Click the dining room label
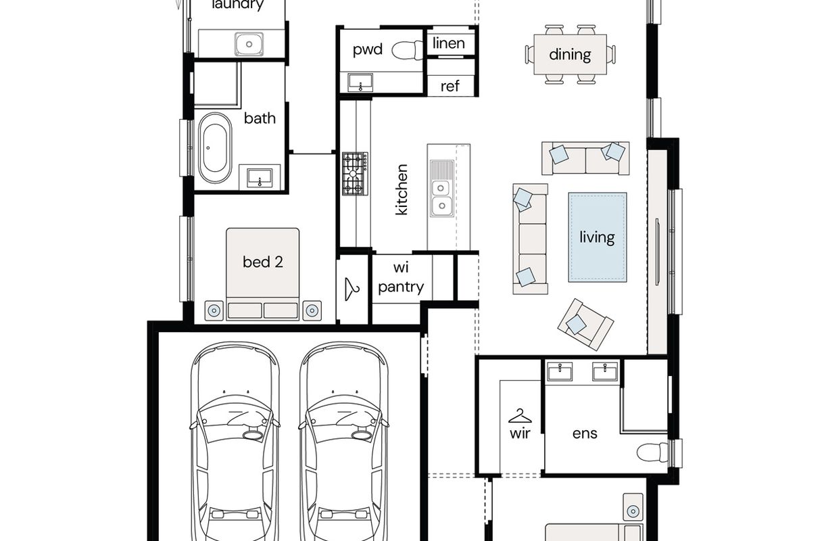coord(570,55)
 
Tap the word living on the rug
coord(597,237)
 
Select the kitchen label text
coord(401,189)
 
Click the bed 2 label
coord(263,262)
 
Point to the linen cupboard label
coord(448,43)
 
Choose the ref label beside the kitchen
coord(450,86)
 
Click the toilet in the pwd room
coord(407,50)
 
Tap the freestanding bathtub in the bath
coord(215,148)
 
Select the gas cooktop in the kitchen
coord(355,173)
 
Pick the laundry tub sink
coord(249,44)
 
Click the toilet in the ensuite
coord(652,452)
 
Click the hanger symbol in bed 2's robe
coord(352,289)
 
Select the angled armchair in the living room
coord(585,324)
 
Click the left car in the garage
coord(235,442)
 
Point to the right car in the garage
coord(344,442)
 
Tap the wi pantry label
coord(401,277)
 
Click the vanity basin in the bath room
coord(260,178)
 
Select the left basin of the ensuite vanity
coord(560,371)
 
